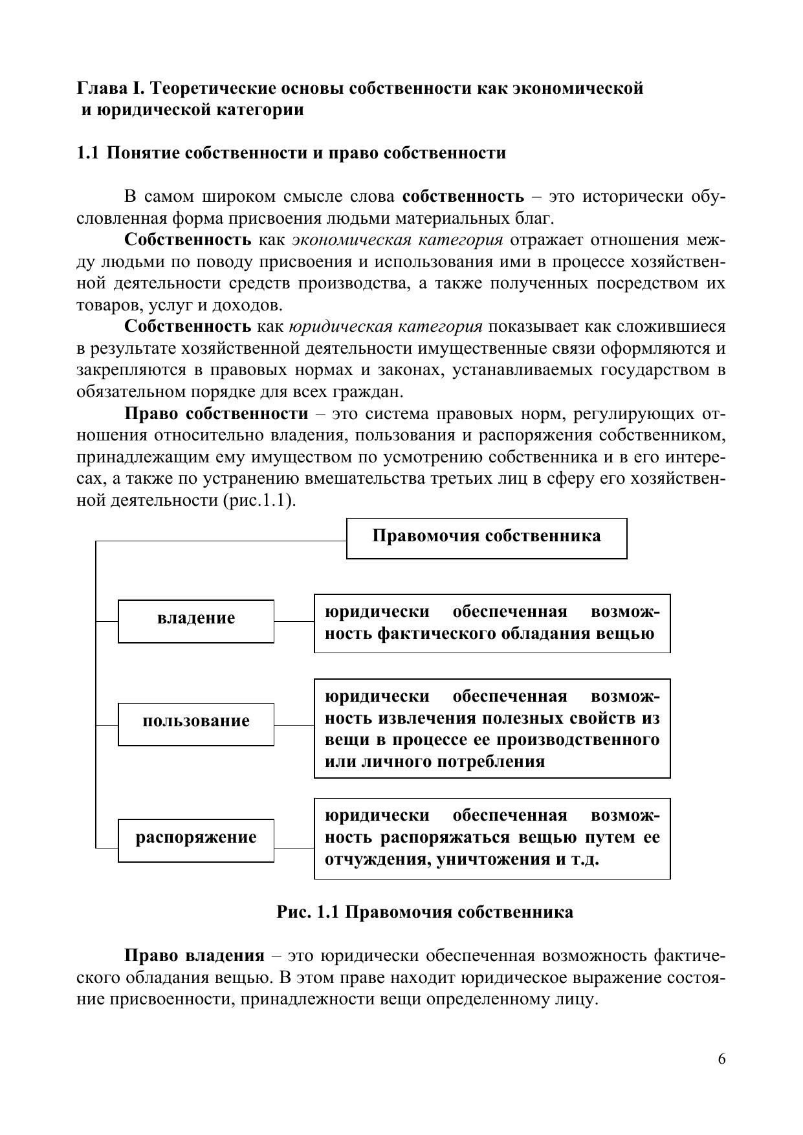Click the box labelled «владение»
pyautogui.click(x=195, y=621)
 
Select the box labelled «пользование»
pyautogui.click(x=195, y=724)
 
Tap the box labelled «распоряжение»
pyautogui.click(x=195, y=840)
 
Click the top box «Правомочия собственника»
pyautogui.click(x=487, y=538)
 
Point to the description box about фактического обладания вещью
pyautogui.click(x=492, y=623)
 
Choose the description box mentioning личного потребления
pyautogui.click(x=492, y=728)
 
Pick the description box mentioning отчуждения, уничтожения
pyautogui.click(x=492, y=838)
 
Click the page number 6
pyautogui.click(x=721, y=1059)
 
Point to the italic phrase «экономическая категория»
pyautogui.click(x=397, y=240)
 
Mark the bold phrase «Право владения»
pyautogui.click(x=194, y=956)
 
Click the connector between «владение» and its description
pyautogui.click(x=294, y=622)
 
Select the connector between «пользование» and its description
pyautogui.click(x=294, y=725)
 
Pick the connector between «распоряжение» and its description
pyautogui.click(x=294, y=848)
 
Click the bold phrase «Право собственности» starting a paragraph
pyautogui.click(x=216, y=413)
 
